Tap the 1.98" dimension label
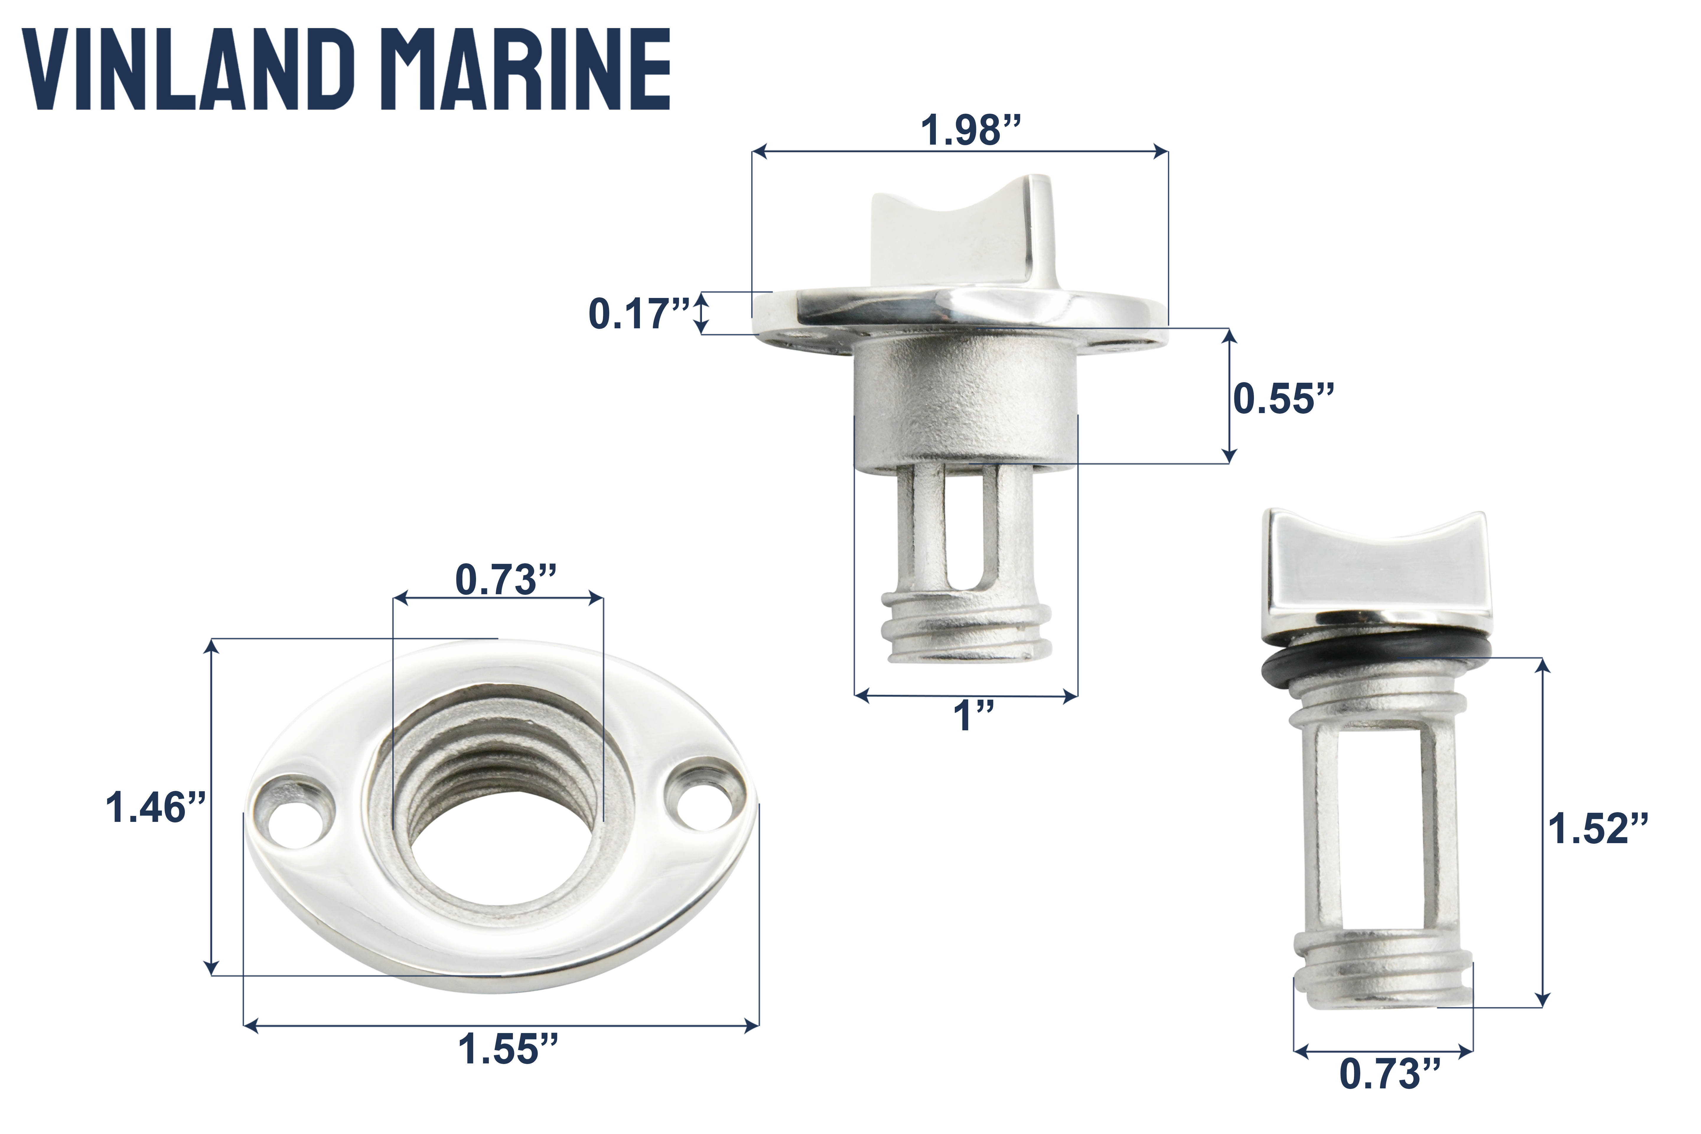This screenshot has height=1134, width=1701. [970, 131]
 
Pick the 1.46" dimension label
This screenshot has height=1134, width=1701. [156, 808]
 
